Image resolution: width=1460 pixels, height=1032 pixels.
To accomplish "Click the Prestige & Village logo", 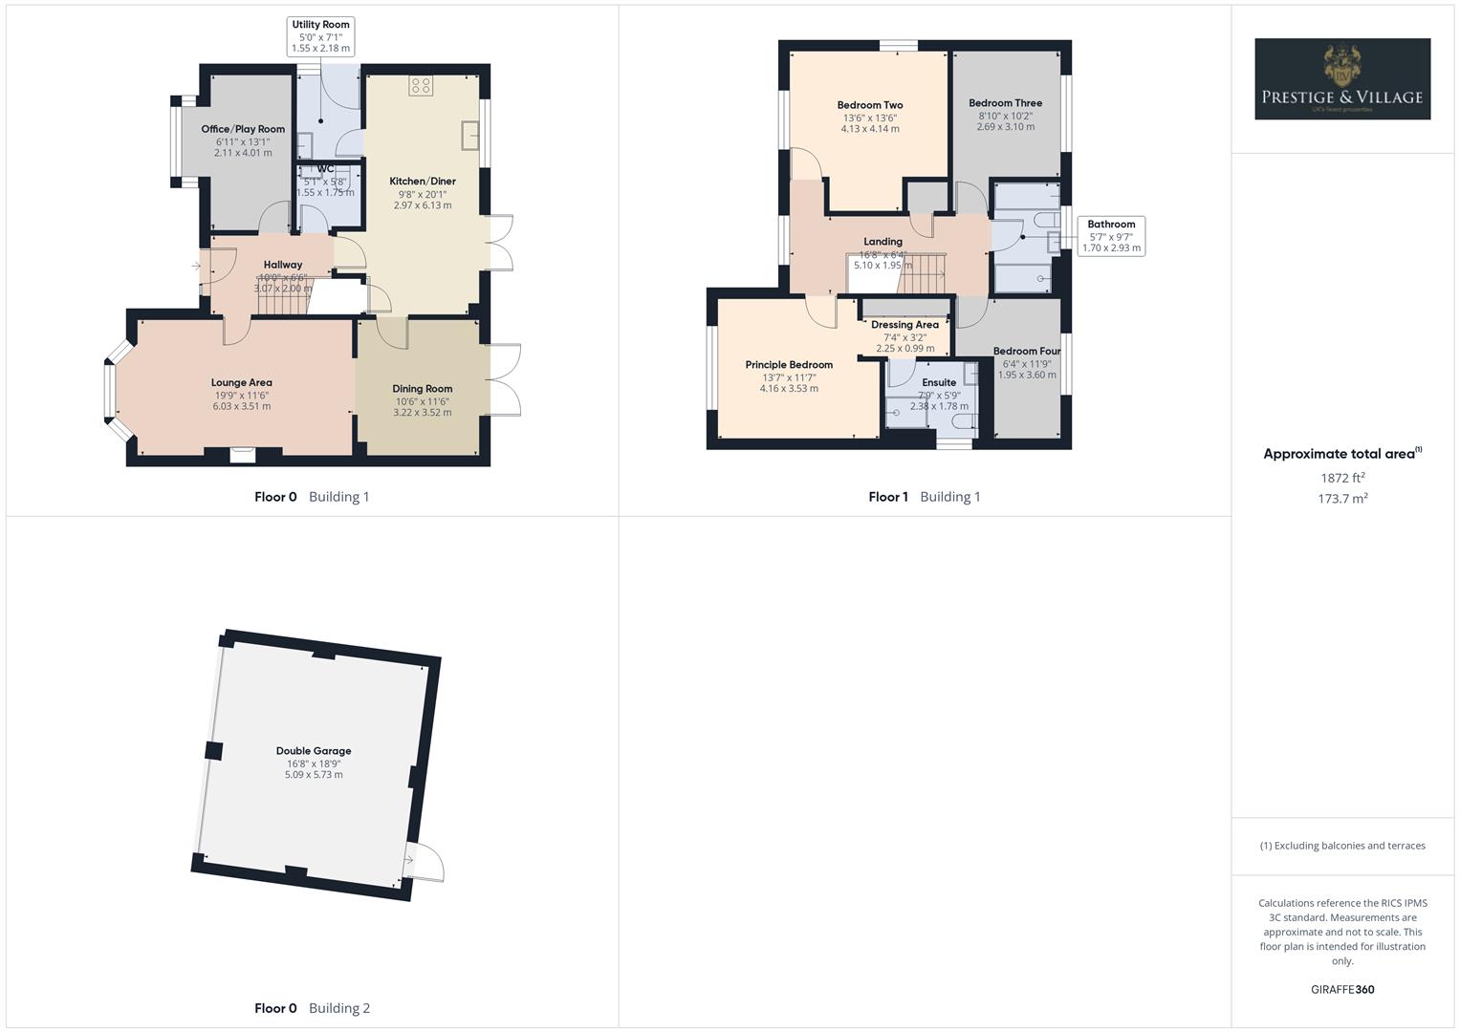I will tap(1341, 79).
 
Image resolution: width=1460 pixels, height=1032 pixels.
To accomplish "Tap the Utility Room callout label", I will tap(320, 36).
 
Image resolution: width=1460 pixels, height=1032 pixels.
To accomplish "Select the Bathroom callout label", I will tap(1110, 236).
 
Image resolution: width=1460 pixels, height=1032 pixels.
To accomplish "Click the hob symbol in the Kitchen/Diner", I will tap(421, 86).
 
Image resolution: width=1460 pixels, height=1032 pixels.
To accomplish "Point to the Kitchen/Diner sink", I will tap(470, 136).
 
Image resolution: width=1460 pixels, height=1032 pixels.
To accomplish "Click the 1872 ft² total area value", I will tap(1341, 478).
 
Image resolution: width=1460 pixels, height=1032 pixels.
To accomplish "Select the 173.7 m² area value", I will tap(1341, 499).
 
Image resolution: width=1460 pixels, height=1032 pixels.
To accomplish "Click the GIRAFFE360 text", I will tap(1341, 990).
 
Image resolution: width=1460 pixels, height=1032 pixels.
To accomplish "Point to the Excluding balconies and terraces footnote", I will tap(1341, 846).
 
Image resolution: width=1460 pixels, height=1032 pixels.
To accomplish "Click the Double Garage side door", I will tap(425, 863).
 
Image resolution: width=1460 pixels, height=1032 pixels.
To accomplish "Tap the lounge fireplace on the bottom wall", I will tap(243, 456).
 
